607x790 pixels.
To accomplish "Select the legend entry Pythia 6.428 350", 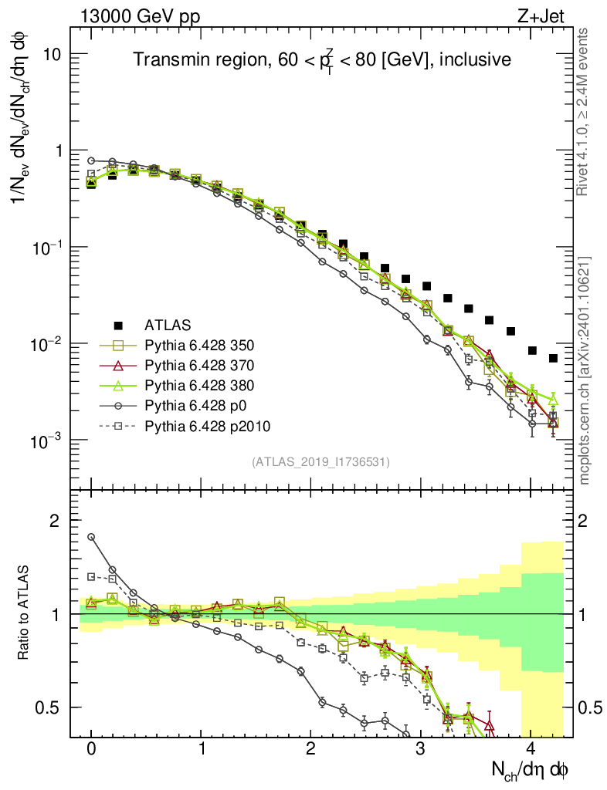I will point(193,344).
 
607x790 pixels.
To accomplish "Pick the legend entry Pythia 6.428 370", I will point(193,364).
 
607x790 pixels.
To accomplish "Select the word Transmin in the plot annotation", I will point(163,60).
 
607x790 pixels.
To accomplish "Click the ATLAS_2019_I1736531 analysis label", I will point(320,462).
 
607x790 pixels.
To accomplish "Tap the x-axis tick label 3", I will point(420,749).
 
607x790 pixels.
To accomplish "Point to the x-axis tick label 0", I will point(91,749).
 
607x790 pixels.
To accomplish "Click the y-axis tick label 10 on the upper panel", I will point(53,55).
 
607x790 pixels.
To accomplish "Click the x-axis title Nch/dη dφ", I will point(530,769).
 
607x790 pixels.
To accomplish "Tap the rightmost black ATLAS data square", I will point(553,358).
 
